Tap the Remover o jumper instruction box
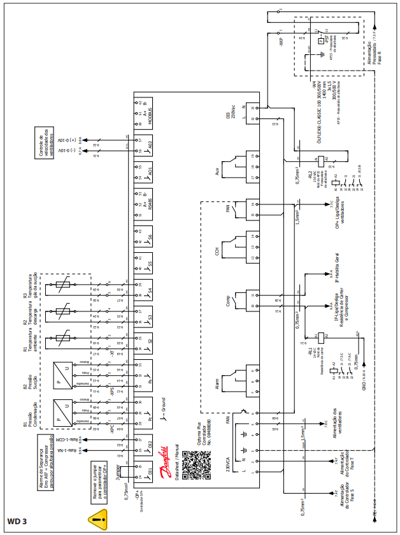click(97, 474)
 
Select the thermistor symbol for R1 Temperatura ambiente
click(62, 338)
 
